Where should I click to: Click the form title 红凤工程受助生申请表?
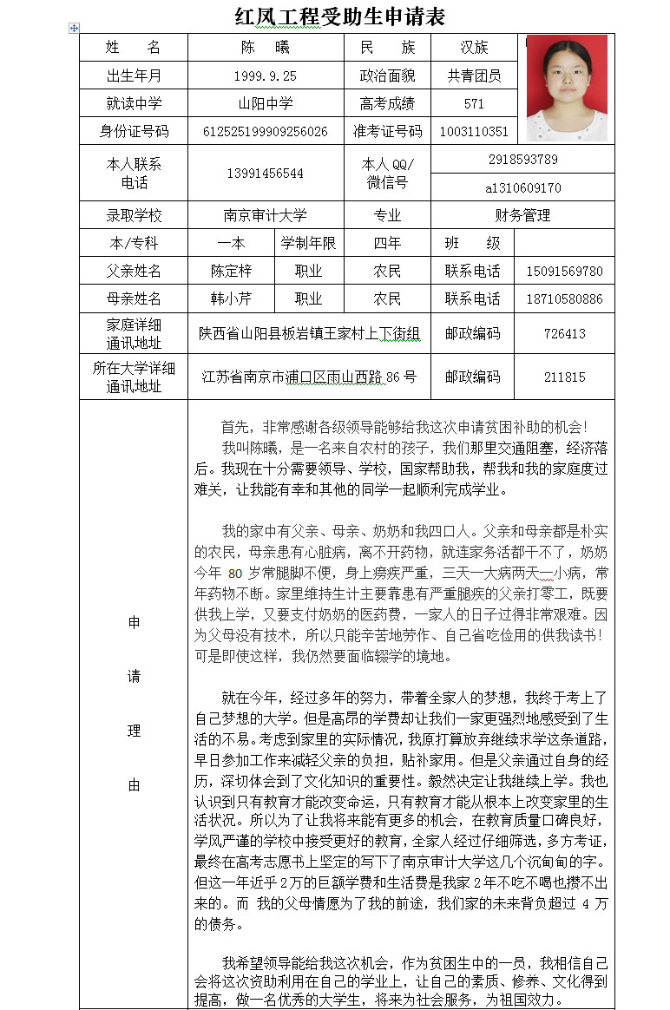(340, 16)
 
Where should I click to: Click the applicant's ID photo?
(567, 88)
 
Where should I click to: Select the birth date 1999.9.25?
(265, 76)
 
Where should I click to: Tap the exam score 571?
(474, 104)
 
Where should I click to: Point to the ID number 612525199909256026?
(265, 132)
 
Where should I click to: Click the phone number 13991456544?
(265, 174)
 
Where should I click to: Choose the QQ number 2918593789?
(522, 160)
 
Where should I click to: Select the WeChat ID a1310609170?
(522, 187)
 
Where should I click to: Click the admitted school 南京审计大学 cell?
(265, 216)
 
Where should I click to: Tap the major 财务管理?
(522, 216)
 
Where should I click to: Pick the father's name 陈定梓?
(231, 272)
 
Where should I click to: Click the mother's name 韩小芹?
(231, 299)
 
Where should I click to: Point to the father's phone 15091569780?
(564, 272)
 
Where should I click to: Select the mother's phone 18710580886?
(564, 299)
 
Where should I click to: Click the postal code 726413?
(564, 334)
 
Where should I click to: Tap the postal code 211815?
(564, 377)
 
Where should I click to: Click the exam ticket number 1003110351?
(474, 132)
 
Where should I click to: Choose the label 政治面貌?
(387, 76)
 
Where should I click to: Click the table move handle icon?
(74, 29)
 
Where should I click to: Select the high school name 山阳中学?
(265, 104)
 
